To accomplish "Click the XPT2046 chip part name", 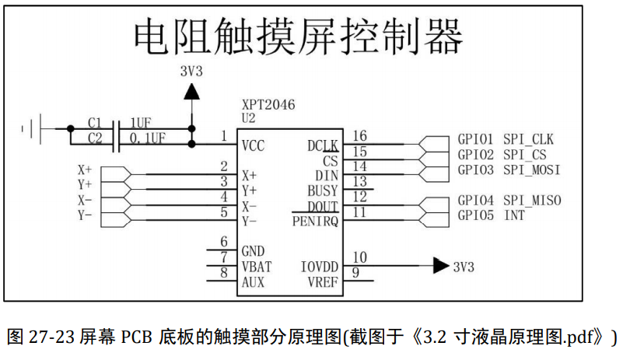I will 269,105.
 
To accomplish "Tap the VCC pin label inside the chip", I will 254,145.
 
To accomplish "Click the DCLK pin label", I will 323,145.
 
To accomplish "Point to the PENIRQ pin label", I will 315,221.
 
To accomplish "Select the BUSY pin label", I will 323,190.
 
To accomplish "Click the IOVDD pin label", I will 320,267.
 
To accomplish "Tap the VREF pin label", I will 323,281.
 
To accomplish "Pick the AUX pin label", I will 253,281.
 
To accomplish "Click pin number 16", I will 359,137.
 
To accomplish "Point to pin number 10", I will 359,257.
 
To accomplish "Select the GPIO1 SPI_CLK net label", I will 506,140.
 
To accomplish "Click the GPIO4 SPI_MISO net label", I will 509,201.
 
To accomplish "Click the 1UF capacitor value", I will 140,124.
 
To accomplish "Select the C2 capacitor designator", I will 94,138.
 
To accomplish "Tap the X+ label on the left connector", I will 84,169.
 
